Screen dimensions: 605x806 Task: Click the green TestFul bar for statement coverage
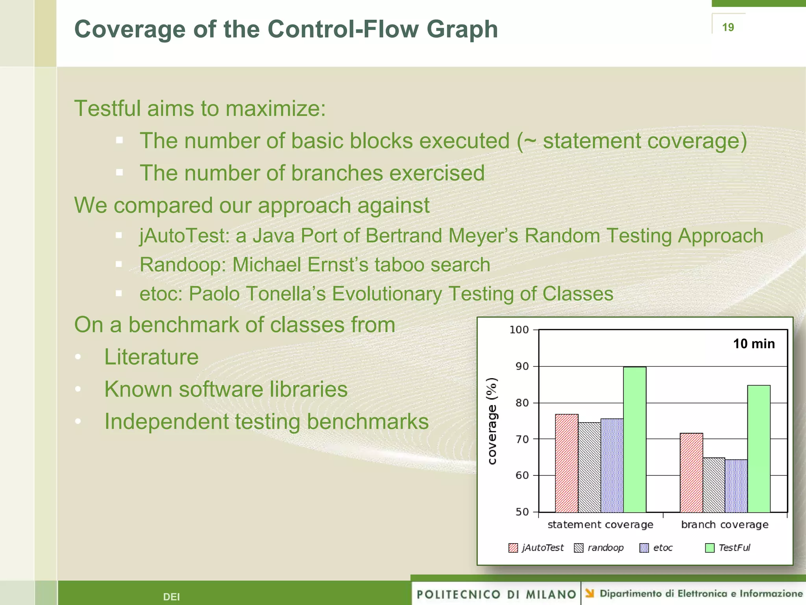634,439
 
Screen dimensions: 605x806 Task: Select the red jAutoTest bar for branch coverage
691,473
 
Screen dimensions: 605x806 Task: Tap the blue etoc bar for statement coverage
612,465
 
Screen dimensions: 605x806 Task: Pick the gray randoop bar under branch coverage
714,485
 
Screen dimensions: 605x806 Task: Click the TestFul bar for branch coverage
758,449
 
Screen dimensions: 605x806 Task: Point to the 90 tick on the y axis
522,366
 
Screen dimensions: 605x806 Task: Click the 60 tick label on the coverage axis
522,475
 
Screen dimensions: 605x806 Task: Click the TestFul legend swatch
710,548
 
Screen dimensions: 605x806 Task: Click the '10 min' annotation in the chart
754,344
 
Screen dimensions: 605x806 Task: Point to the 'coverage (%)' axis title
492,421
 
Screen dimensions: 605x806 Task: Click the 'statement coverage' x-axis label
600,525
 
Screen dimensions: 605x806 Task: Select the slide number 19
728,27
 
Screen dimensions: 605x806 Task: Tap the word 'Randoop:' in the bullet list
183,265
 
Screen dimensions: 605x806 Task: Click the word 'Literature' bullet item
151,357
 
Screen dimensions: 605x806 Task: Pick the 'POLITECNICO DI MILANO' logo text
496,594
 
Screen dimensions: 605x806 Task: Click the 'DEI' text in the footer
171,597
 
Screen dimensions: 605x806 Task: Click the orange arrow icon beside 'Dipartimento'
590,593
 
